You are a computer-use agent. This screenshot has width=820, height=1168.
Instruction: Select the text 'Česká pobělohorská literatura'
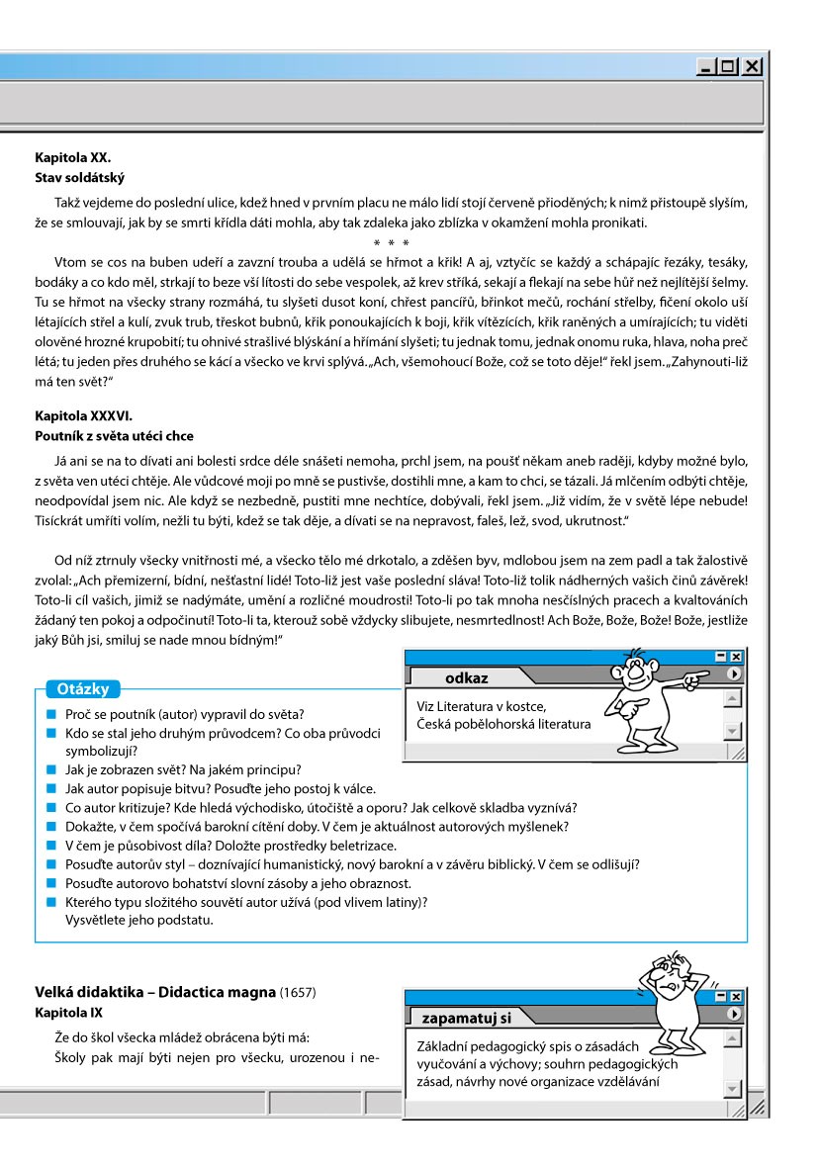coord(503,723)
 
